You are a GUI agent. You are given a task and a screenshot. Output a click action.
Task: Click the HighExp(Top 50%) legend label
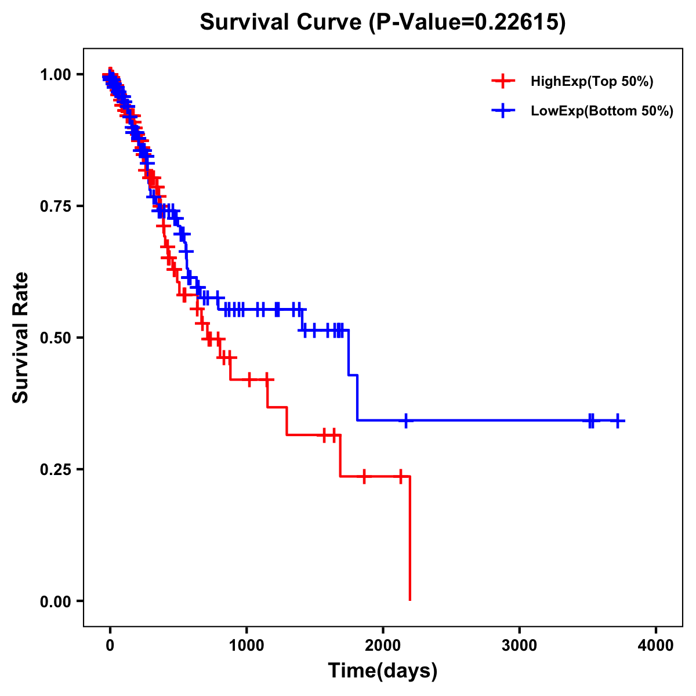click(x=592, y=82)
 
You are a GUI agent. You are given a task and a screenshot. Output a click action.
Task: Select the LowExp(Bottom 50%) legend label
click(x=602, y=111)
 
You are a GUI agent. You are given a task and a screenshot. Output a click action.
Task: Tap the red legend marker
click(x=503, y=81)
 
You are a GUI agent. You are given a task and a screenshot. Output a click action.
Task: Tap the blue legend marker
click(x=503, y=110)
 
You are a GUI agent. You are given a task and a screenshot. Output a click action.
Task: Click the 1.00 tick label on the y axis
click(x=55, y=75)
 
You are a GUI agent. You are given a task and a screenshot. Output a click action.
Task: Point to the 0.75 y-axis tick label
click(x=55, y=206)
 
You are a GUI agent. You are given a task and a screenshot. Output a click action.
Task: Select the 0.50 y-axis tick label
click(x=55, y=338)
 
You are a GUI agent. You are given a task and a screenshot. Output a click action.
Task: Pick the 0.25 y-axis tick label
click(x=55, y=470)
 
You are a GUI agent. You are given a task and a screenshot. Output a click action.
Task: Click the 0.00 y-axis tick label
click(x=55, y=601)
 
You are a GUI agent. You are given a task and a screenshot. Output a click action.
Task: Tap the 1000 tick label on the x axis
click(x=246, y=646)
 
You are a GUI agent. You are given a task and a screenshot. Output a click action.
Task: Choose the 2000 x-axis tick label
click(x=383, y=646)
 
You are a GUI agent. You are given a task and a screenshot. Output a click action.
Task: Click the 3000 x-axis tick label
click(x=519, y=646)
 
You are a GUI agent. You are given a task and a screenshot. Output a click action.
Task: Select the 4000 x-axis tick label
click(x=656, y=646)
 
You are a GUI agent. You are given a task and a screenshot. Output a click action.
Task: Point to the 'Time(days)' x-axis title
click(x=383, y=671)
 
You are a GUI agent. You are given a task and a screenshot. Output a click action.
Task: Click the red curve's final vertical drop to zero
click(x=409, y=539)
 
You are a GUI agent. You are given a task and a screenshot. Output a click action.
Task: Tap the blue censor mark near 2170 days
click(x=405, y=420)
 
